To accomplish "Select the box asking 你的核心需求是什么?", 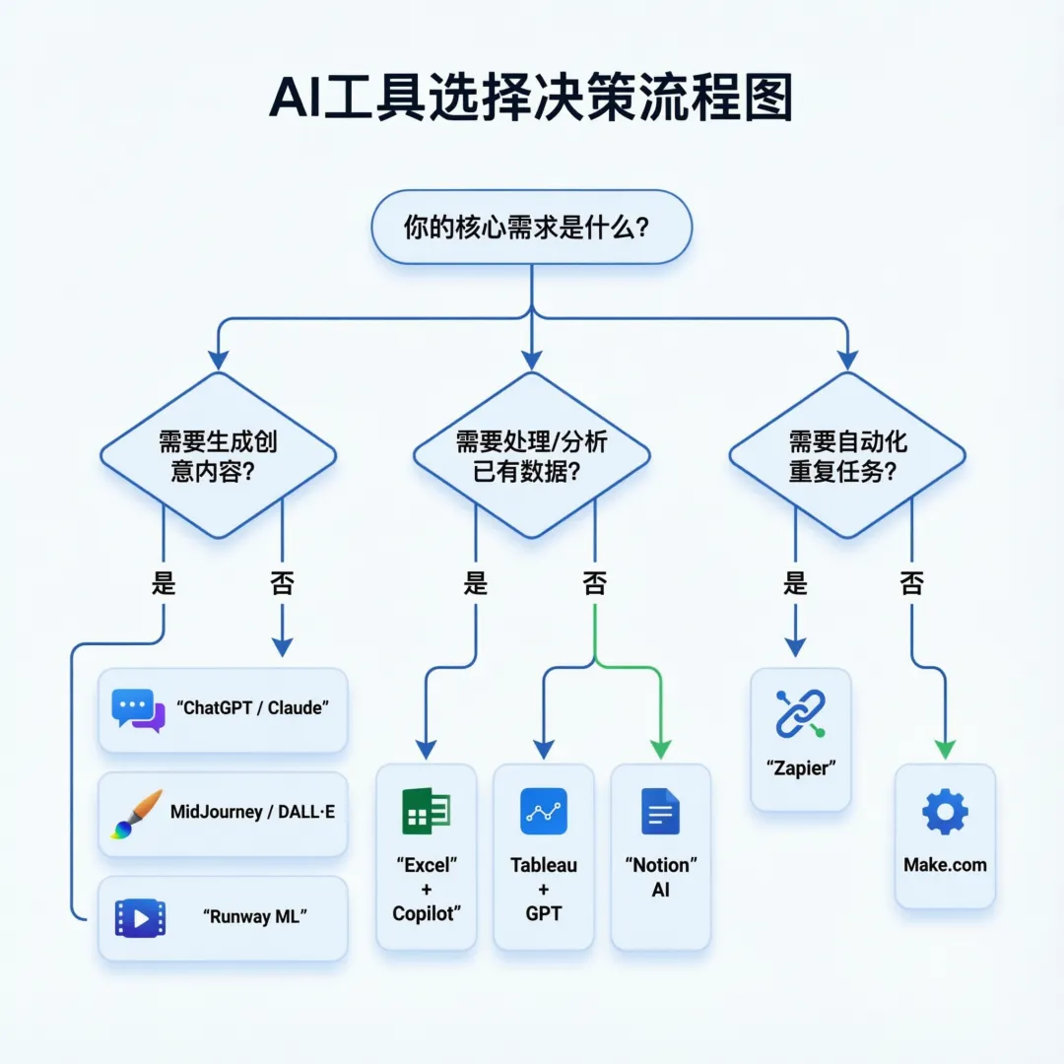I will tap(531, 228).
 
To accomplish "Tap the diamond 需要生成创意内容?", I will tap(219, 455).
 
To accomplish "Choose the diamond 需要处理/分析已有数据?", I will tap(531, 455).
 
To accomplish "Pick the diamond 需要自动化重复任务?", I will tap(846, 455).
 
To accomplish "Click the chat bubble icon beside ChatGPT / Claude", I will tap(138, 709).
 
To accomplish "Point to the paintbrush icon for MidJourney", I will tap(137, 814).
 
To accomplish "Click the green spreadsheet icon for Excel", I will tap(426, 812).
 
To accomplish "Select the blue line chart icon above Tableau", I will tap(543, 812).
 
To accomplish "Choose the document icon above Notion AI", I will tap(660, 812).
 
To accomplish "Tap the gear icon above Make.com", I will tap(945, 812).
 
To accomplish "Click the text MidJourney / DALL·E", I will tap(252, 812).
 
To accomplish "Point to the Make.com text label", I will tap(945, 865).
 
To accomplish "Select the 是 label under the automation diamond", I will tap(795, 583).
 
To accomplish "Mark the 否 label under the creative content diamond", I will tap(282, 583).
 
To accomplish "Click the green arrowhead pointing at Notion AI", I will tap(660, 750).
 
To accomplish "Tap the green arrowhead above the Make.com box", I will tap(945, 750).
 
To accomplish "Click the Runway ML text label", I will tap(255, 916).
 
